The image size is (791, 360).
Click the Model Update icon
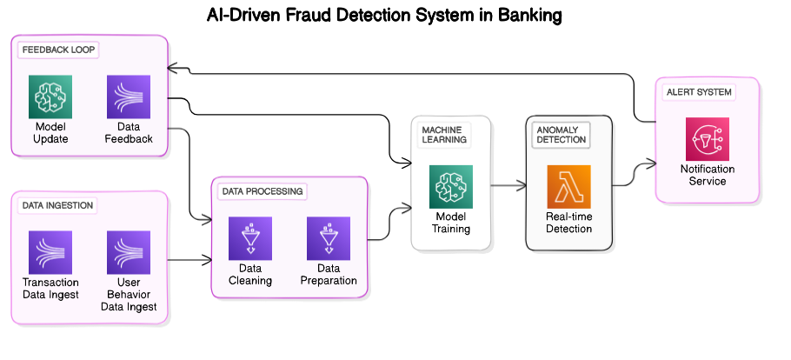coord(50,97)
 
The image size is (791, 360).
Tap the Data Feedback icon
coord(129,97)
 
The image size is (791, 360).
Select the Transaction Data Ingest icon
coord(50,252)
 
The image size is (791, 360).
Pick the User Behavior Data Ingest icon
coord(129,252)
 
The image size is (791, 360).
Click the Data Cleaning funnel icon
coord(250,238)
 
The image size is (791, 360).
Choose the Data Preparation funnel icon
coord(329,238)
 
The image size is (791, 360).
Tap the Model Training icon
coord(451,187)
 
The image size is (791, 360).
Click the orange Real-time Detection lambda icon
coord(568,187)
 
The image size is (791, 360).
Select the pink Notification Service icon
coord(707,139)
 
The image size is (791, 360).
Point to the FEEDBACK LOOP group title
coord(59,50)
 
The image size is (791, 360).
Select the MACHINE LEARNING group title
coord(444,134)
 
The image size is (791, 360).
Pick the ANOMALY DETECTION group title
coord(562,134)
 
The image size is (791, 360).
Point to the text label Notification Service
coord(707,175)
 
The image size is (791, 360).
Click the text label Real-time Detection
coord(568,223)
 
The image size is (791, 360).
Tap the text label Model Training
coord(451,223)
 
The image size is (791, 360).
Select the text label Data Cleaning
coord(250,275)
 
